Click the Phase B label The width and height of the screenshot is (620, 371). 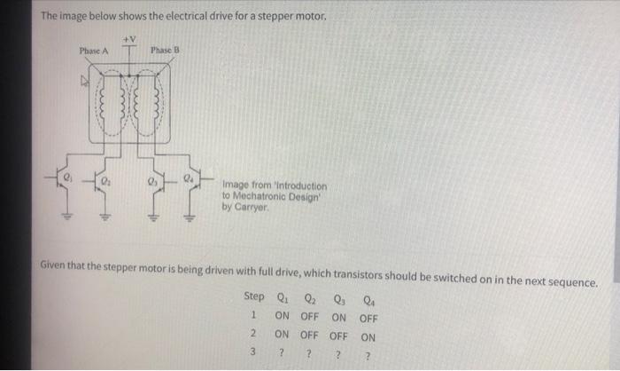coord(165,51)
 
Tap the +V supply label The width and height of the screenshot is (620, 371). coord(128,38)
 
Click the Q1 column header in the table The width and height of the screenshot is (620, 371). coord(282,297)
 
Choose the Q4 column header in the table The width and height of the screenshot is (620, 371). coord(368,297)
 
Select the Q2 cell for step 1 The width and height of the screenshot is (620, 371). coord(310,317)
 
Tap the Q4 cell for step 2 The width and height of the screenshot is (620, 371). coord(368,337)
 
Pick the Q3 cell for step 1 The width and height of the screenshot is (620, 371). coord(338,317)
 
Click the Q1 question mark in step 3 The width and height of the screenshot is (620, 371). coord(281,357)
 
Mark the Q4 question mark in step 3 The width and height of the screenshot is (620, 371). coord(368,357)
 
